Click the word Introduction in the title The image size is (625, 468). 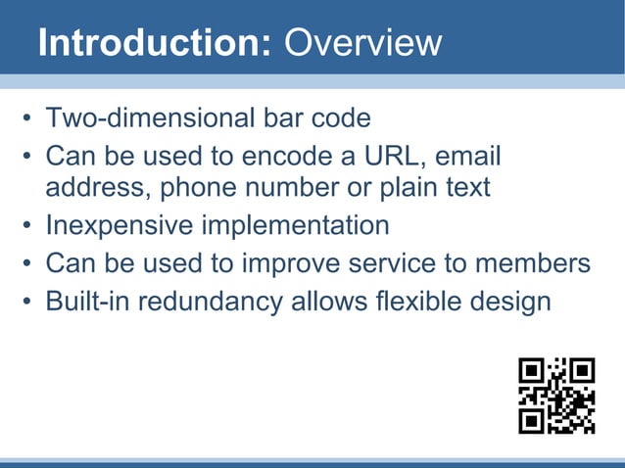click(154, 43)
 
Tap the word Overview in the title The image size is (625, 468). click(361, 43)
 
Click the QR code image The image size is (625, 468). click(556, 396)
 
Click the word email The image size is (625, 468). click(467, 157)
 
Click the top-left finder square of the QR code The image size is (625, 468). click(532, 371)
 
